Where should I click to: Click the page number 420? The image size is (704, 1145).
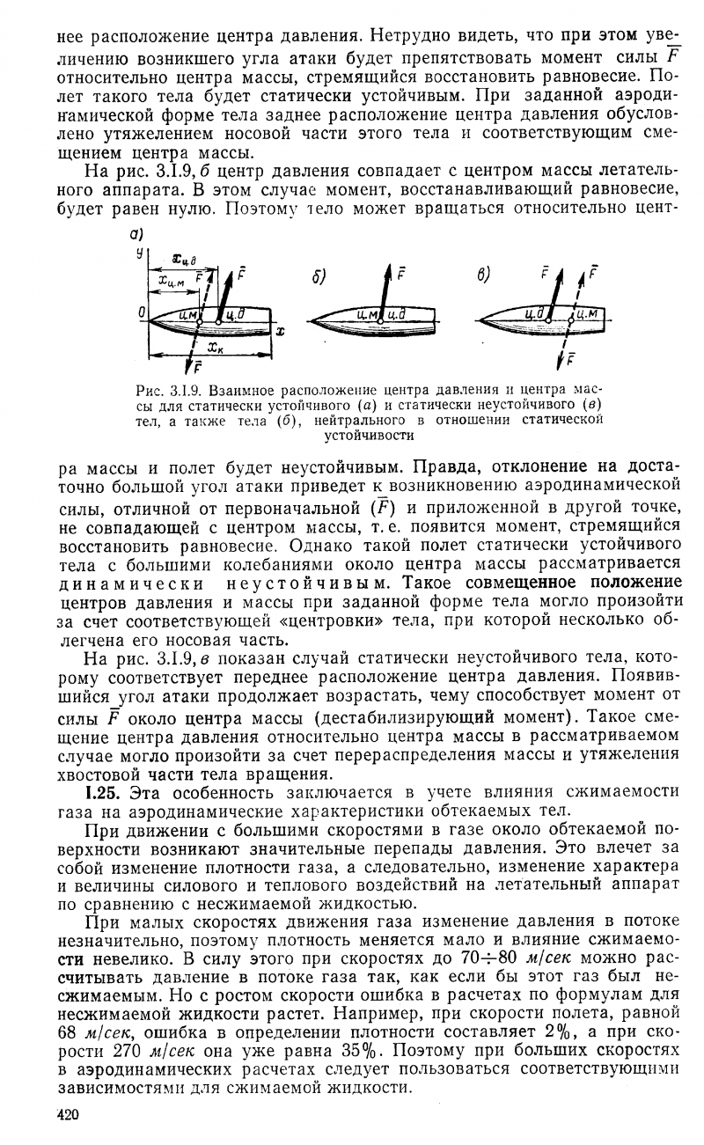67,1116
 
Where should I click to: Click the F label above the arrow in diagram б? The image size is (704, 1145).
401,273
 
